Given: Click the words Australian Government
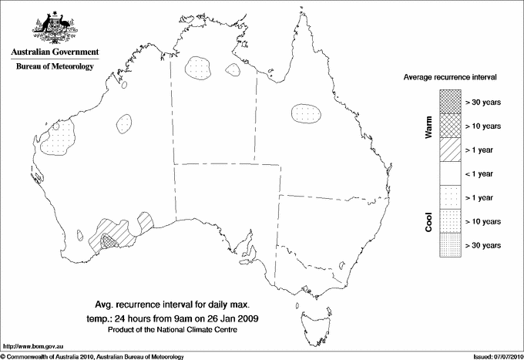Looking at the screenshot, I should [54, 52].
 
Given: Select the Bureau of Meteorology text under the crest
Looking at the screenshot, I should [54, 66].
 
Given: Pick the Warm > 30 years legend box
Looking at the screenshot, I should [450, 101].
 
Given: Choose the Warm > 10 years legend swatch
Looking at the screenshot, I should [450, 125].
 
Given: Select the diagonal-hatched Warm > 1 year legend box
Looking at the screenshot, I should [450, 149].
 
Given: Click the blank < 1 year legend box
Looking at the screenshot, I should [450, 173].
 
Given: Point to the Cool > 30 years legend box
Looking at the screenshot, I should [450, 245].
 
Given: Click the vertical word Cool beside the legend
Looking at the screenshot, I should [428, 222].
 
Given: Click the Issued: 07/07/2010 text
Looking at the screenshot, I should [493, 356].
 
